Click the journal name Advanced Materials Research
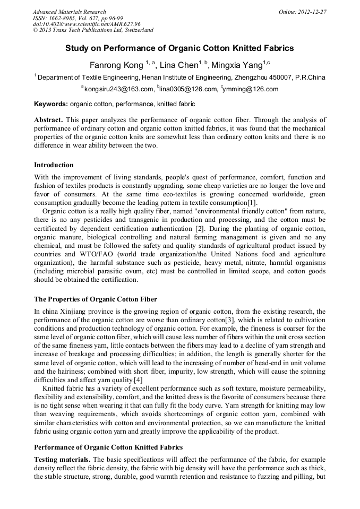[x=69, y=12]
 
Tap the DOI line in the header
[x=87, y=24]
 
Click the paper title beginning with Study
[x=179, y=48]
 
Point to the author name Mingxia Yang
[x=237, y=65]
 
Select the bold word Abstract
[x=49, y=120]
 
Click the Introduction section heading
[x=54, y=165]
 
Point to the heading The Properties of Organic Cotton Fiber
[x=96, y=299]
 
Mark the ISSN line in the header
[x=78, y=18]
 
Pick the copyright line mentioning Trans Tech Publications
[x=93, y=30]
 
